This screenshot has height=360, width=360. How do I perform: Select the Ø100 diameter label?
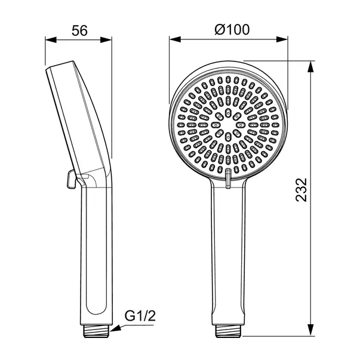229,29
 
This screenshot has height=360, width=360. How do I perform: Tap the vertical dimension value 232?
302,190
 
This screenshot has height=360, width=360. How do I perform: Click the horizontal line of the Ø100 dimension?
229,41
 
